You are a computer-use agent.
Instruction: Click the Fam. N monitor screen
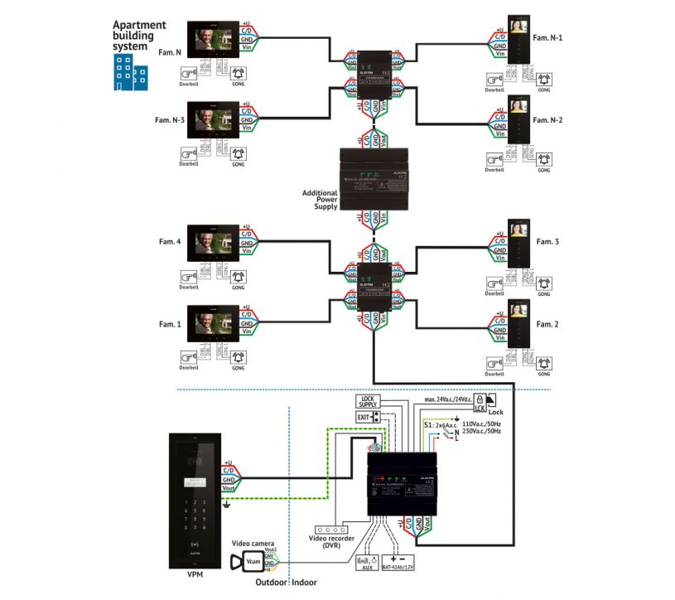click(x=215, y=41)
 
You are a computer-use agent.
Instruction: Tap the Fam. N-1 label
click(x=549, y=37)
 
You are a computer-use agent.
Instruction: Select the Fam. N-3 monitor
click(x=215, y=122)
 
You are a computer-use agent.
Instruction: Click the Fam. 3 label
click(x=547, y=241)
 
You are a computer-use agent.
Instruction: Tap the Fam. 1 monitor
click(x=215, y=324)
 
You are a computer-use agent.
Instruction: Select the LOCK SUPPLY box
click(x=368, y=402)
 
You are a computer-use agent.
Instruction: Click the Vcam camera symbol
click(x=253, y=563)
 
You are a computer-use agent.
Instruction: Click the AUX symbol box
click(x=365, y=562)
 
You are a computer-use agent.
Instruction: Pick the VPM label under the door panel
click(x=195, y=574)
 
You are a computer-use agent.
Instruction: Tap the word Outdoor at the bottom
click(x=271, y=583)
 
